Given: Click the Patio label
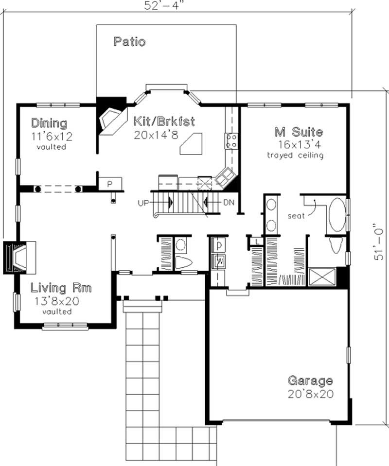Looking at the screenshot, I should (x=129, y=42).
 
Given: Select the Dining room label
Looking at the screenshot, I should (x=49, y=122).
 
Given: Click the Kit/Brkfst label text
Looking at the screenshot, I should (x=164, y=121).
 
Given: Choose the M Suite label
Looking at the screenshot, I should (x=298, y=132).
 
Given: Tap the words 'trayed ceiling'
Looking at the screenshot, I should (x=295, y=155).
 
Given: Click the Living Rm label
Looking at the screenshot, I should (x=61, y=288).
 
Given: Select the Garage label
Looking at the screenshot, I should (x=310, y=380).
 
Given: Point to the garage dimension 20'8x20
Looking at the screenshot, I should (x=310, y=394).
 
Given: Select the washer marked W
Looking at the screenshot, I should (x=220, y=261).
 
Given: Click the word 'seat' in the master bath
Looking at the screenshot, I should (x=296, y=215).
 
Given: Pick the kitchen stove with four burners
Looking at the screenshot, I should (x=231, y=141).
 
